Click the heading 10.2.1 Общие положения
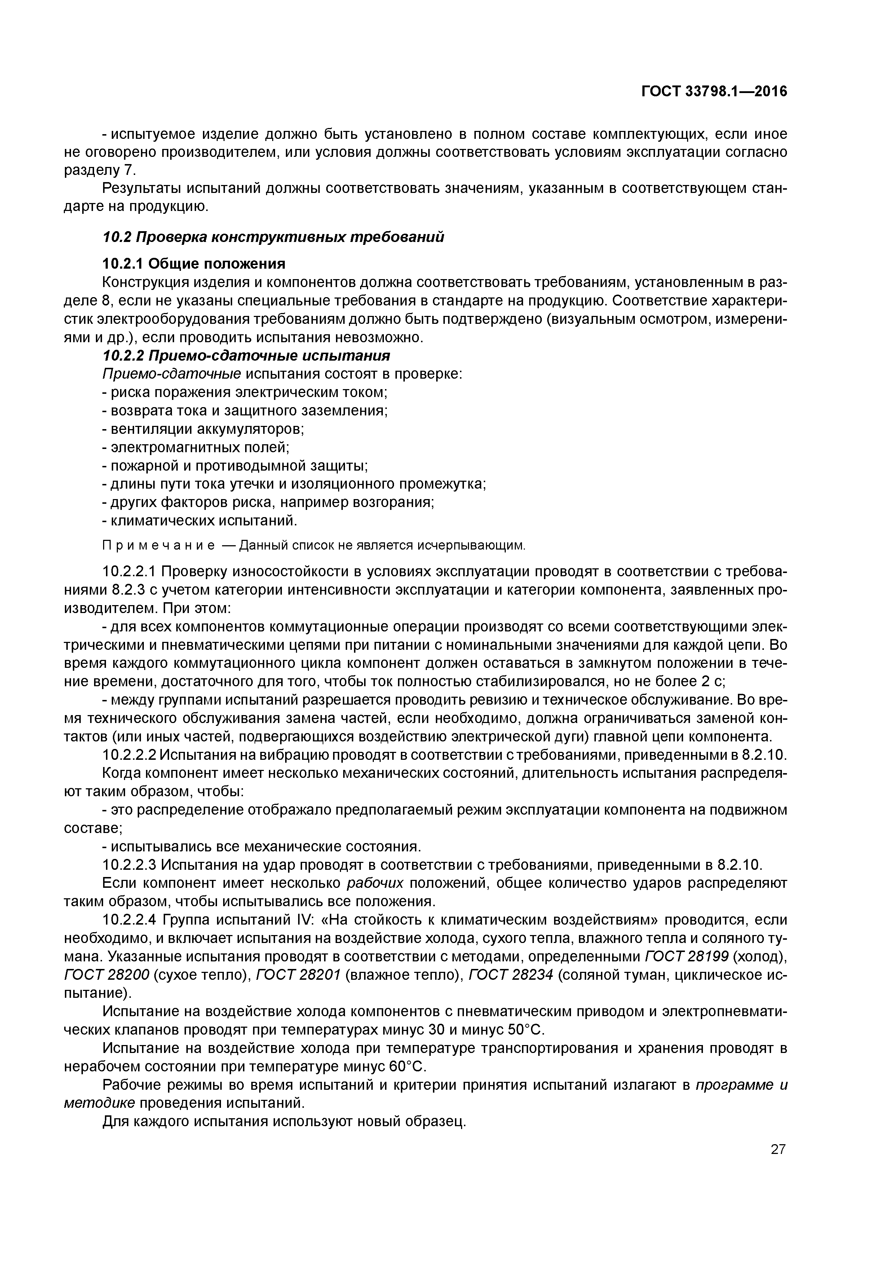pos(194,264)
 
